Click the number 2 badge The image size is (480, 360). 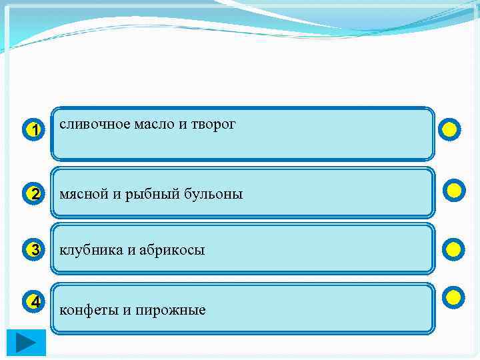pos(35,194)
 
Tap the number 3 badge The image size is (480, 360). pos(35,251)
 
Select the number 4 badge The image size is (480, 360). pos(35,302)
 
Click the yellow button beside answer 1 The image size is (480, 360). pos(450,129)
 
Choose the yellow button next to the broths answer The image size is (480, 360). pos(455,191)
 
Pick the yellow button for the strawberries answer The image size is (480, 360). pos(453,249)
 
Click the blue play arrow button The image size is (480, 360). pos(27,343)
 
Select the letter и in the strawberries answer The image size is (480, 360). pos(128,251)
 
